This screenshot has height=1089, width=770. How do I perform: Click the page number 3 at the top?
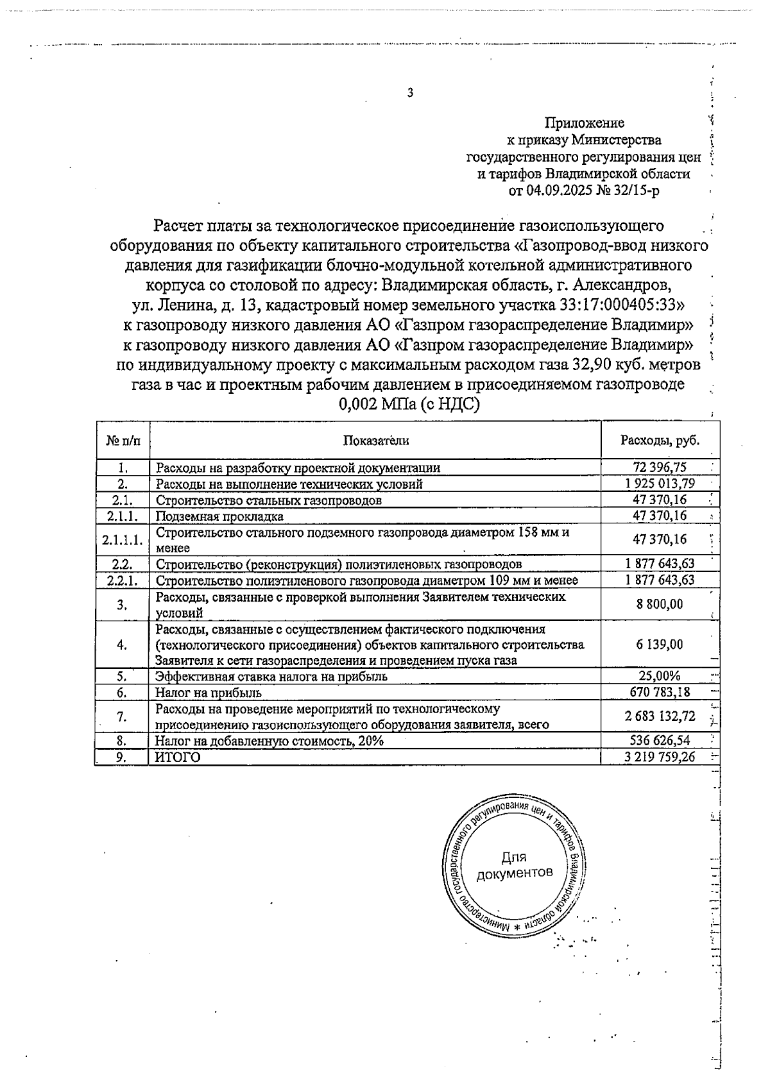click(410, 93)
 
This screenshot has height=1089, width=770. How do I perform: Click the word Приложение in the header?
click(584, 122)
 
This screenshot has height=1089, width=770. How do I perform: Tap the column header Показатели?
click(375, 440)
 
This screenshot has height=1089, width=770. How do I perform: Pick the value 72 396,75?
click(660, 468)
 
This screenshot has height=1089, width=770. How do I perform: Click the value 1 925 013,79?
click(660, 484)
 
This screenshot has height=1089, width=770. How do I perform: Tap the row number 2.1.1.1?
click(122, 540)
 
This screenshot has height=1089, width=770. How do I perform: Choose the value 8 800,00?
click(660, 604)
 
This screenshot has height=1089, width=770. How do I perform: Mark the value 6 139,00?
click(660, 645)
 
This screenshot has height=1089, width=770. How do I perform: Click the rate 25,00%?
click(660, 676)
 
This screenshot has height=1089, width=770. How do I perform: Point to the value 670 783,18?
click(660, 693)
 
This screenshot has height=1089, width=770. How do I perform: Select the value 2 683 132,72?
click(660, 716)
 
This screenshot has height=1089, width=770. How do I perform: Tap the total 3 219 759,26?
click(660, 757)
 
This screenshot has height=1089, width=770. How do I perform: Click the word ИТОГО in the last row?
click(178, 757)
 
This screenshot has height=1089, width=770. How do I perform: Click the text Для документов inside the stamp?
click(513, 865)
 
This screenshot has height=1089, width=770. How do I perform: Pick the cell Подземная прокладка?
click(219, 516)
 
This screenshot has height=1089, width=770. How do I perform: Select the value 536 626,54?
click(660, 741)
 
